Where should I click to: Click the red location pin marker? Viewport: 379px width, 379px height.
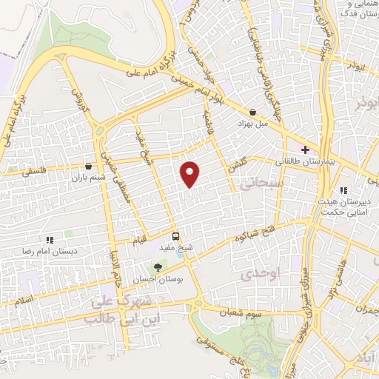point(191,173)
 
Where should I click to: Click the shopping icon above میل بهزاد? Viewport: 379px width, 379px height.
point(253,113)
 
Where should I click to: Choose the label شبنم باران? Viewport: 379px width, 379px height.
point(89,178)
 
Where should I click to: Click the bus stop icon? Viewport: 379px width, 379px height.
point(175,237)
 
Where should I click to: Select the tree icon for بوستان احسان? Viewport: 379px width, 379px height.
point(156,266)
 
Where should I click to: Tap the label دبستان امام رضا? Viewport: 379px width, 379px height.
point(50,251)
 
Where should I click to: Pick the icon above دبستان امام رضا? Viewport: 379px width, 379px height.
point(50,240)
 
